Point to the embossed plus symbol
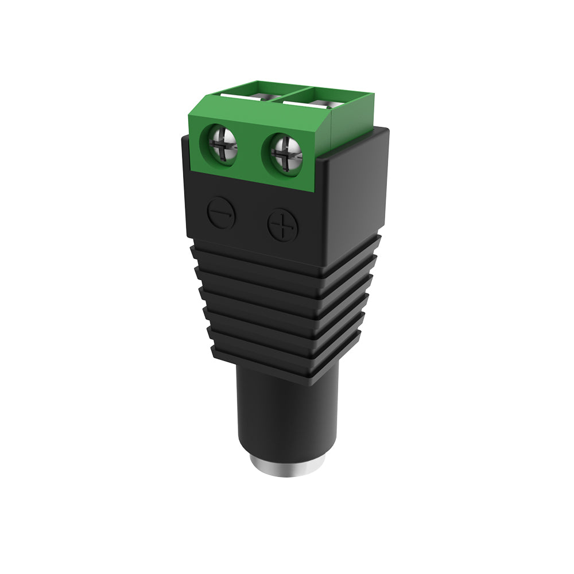click(x=282, y=225)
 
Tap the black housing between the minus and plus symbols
click(x=251, y=221)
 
